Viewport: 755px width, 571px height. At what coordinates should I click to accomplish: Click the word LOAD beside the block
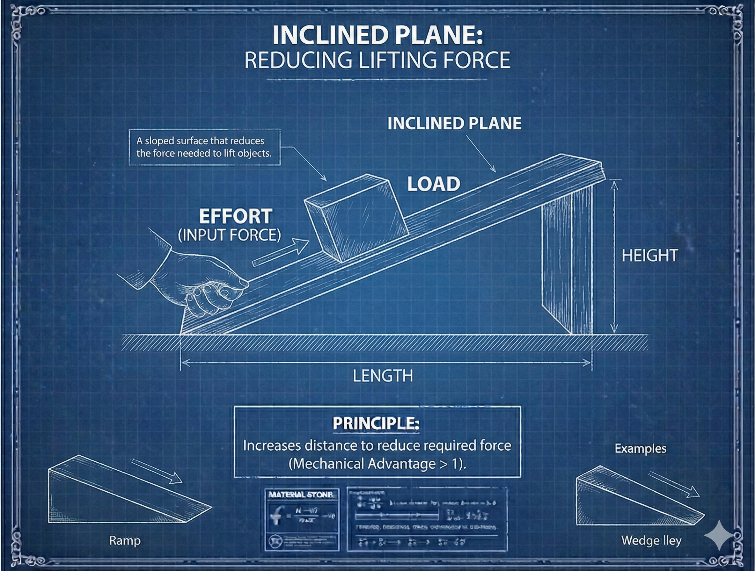tap(434, 184)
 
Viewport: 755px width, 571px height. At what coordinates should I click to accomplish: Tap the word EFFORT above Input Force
tap(236, 216)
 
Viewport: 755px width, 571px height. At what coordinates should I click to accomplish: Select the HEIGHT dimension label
tap(649, 256)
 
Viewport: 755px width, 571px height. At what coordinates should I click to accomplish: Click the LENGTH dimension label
tap(383, 376)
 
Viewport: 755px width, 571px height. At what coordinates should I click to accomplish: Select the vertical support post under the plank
tap(567, 263)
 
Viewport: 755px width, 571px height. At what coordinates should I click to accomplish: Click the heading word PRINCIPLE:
tap(376, 424)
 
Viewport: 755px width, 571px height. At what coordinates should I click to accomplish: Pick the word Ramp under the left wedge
tap(125, 540)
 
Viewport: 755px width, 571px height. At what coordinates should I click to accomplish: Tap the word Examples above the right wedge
tap(640, 449)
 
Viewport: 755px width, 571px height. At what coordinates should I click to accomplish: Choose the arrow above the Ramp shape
tap(157, 471)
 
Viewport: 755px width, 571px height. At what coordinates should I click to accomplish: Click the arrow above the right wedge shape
tap(673, 484)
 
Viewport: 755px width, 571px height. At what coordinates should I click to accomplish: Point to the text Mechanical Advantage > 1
tap(377, 464)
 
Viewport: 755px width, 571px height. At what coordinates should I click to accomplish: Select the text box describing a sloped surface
tap(204, 147)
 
